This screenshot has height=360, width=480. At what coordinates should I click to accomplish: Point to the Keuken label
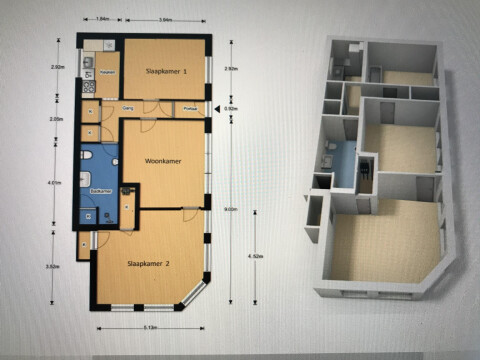[108, 72]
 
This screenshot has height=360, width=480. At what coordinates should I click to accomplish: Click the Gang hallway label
[128, 106]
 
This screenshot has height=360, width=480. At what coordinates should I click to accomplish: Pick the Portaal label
[191, 106]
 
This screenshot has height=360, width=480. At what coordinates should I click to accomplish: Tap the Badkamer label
[100, 189]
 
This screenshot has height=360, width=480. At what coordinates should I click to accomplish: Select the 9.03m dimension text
[232, 209]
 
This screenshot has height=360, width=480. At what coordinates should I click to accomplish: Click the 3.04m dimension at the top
[166, 19]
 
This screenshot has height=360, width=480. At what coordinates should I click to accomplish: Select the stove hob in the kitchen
[88, 62]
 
